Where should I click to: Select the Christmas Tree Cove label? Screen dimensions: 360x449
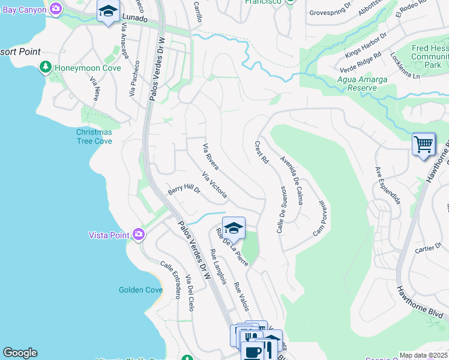point(94,137)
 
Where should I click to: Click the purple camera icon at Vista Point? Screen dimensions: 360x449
point(139,235)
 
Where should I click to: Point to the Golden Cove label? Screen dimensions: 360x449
point(140,290)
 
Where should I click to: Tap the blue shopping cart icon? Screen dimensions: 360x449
point(424,144)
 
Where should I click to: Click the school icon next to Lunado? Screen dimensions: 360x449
point(108,12)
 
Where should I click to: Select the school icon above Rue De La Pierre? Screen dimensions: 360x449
point(234,228)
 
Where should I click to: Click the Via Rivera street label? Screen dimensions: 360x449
point(210,157)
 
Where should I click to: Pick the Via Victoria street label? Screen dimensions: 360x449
point(214,185)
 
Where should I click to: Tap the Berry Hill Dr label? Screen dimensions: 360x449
point(183,189)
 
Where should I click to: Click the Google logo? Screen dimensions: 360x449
point(20,353)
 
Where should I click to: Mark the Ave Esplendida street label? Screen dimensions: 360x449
point(387,186)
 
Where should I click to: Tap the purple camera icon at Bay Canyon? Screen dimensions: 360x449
point(56,9)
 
